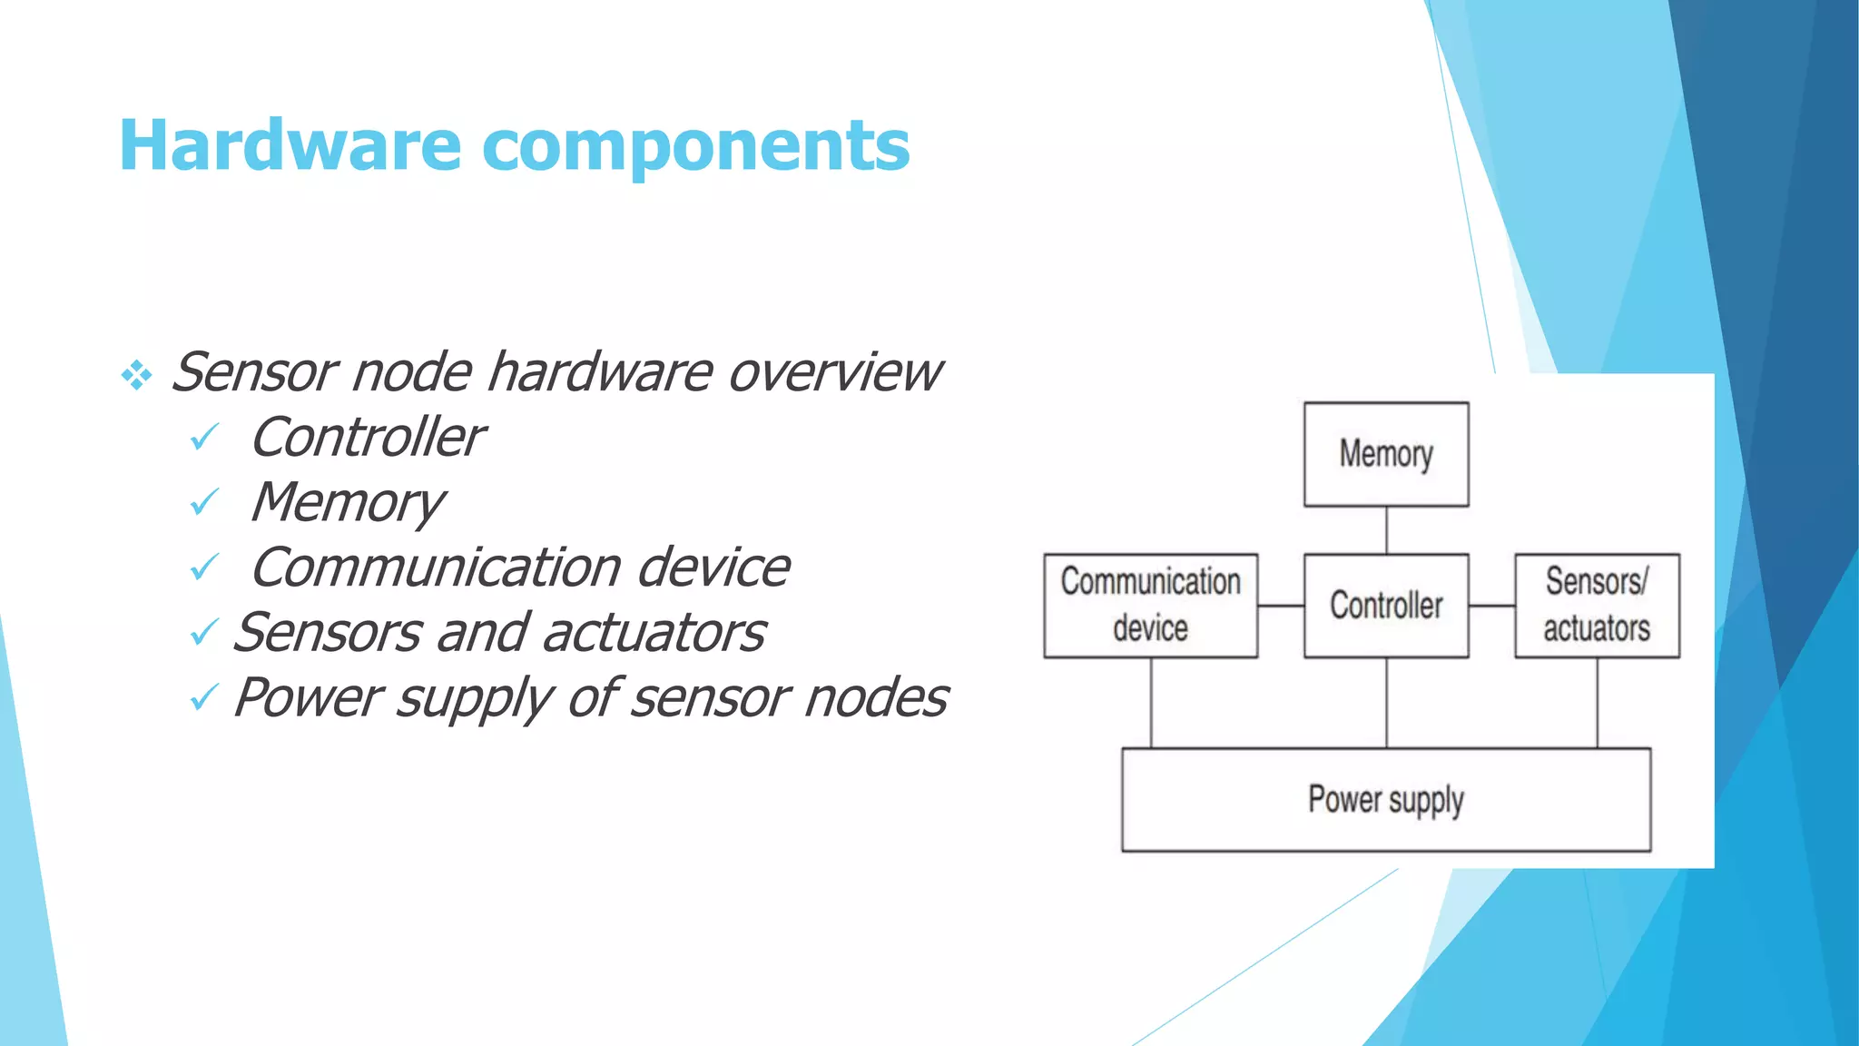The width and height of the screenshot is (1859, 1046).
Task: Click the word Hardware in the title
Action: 290,145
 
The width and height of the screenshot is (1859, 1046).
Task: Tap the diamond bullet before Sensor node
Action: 136,375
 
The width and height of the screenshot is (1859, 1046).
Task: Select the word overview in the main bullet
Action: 835,372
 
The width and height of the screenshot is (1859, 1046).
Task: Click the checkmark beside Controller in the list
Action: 204,439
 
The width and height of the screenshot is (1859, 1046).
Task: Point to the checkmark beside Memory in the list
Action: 204,502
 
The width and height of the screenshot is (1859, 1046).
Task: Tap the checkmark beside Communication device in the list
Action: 204,567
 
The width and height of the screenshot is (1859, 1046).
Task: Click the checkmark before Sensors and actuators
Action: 204,632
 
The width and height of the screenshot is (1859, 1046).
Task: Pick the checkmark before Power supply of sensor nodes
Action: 204,697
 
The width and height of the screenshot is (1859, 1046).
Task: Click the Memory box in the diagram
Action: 1386,454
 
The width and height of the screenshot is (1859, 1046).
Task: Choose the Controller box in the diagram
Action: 1386,606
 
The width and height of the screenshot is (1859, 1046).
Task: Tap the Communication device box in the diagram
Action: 1150,606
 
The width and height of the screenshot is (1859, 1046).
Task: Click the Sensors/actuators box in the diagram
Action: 1597,606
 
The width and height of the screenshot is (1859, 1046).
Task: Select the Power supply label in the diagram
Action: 1386,800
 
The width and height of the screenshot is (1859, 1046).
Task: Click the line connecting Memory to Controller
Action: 1386,530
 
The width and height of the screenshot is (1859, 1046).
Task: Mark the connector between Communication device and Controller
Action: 1281,606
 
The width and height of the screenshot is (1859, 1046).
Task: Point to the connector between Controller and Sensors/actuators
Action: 1491,606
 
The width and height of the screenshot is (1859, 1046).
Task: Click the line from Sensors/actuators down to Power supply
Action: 1598,703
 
